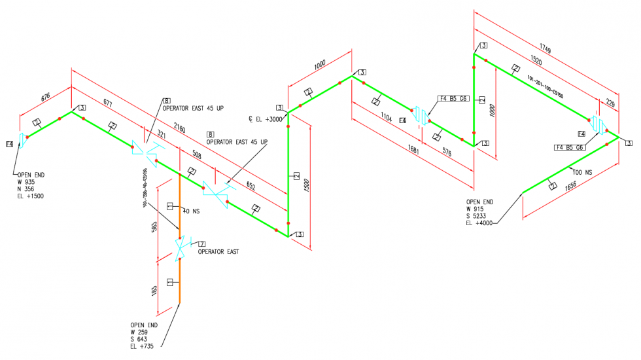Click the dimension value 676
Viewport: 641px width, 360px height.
(x=45, y=98)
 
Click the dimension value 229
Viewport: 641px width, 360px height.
(x=610, y=103)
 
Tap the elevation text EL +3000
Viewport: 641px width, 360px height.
(x=267, y=118)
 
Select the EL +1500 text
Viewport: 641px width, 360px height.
(x=30, y=196)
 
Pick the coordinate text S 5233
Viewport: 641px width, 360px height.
(x=479, y=216)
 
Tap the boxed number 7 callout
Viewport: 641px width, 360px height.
(x=193, y=244)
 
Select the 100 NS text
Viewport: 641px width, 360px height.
(x=581, y=172)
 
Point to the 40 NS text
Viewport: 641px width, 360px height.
(x=192, y=211)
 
